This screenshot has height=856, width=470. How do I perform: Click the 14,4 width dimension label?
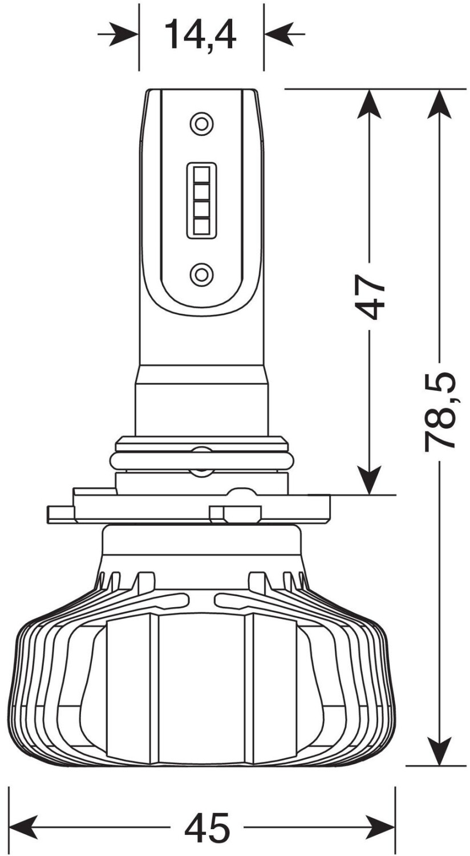[201, 35]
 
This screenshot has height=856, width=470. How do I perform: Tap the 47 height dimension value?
[370, 298]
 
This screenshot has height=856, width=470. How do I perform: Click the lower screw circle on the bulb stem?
[201, 273]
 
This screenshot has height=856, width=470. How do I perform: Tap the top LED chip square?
[201, 174]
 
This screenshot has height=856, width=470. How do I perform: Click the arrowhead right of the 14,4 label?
[278, 34]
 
